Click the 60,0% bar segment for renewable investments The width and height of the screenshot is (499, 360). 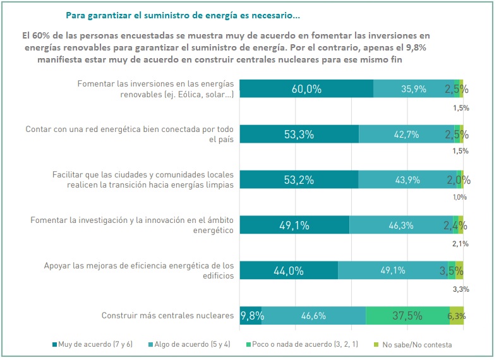[306, 89]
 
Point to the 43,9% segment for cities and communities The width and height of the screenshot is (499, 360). [407, 180]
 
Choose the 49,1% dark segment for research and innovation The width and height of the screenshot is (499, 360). [294, 225]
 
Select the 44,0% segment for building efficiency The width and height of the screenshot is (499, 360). [289, 270]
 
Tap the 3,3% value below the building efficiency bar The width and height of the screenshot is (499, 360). [460, 289]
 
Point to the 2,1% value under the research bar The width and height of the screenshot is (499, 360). [460, 244]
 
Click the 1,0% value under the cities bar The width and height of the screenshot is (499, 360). [460, 198]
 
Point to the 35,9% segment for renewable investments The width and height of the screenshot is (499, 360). [413, 89]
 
